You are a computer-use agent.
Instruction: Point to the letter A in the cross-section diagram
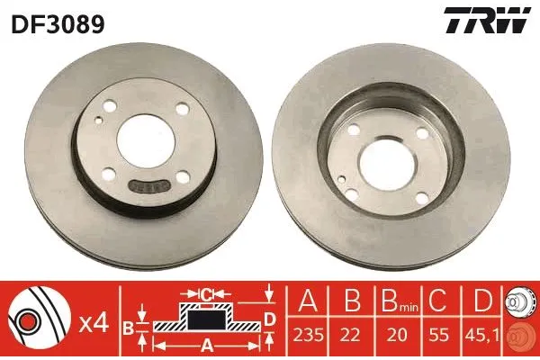[206, 344]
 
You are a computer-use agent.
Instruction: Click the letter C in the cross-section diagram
[206, 294]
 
